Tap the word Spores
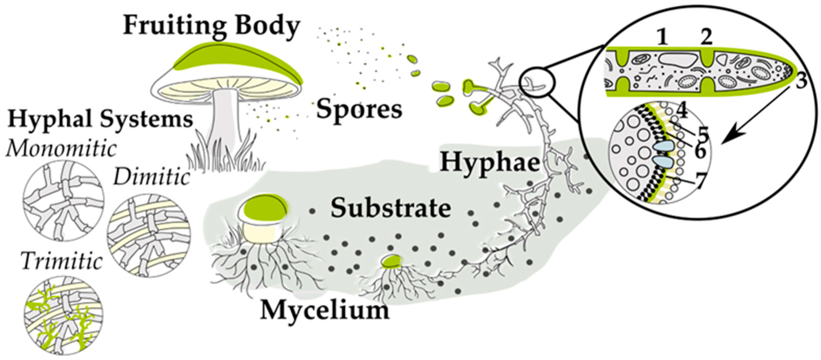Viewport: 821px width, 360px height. pyautogui.click(x=359, y=110)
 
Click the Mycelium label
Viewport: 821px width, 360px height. pyautogui.click(x=325, y=310)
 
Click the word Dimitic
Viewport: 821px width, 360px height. pyautogui.click(x=151, y=177)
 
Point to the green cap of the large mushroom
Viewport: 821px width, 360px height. pyautogui.click(x=237, y=62)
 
